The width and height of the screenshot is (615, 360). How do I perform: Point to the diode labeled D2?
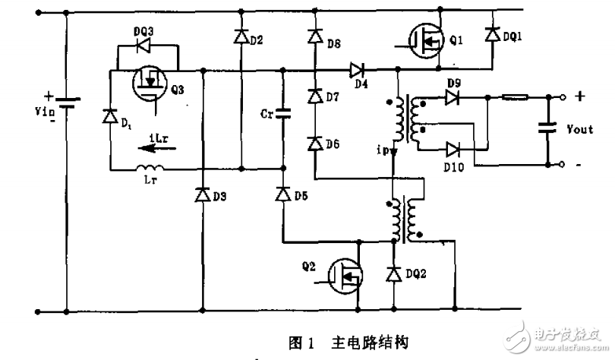click(241, 36)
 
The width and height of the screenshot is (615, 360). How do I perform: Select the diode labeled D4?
click(356, 71)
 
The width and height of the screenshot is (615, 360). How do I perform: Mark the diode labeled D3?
click(203, 196)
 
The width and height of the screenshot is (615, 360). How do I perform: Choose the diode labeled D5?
click(282, 196)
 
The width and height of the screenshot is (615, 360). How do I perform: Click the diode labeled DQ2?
click(393, 273)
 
